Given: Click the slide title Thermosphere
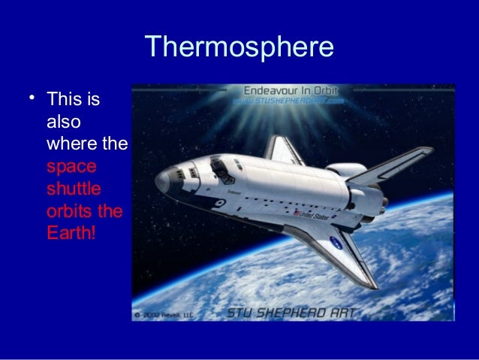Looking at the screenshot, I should pos(239,48).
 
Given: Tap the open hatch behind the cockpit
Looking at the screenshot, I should pos(218,162).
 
